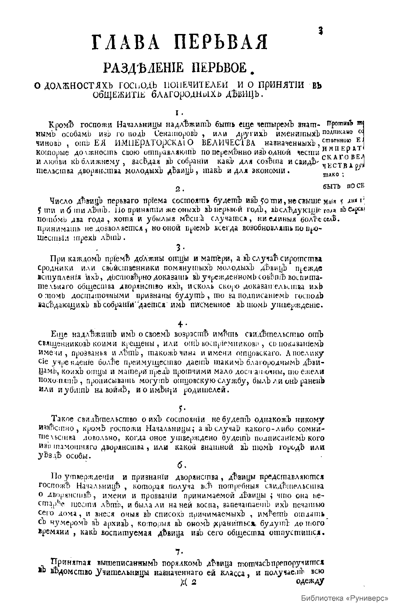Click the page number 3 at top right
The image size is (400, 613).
pyautogui.click(x=321, y=31)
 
